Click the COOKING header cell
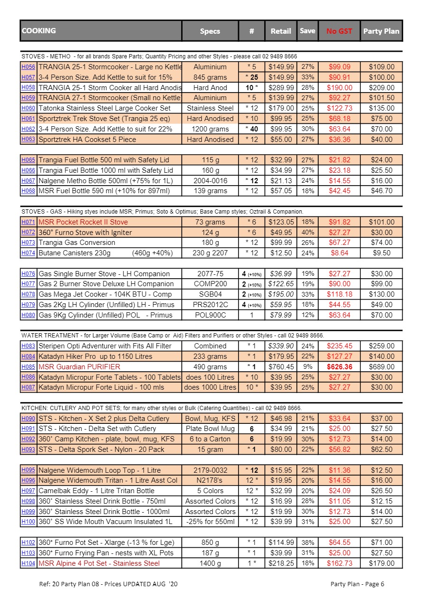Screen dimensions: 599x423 [101, 31]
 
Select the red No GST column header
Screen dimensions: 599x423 [339, 31]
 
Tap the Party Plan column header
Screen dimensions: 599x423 [381, 31]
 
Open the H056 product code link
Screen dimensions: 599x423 [28, 67]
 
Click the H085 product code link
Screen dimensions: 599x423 [28, 367]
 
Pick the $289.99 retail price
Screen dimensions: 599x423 [281, 88]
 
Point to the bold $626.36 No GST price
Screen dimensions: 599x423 [339, 367]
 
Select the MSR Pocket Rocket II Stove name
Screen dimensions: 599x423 [83, 222]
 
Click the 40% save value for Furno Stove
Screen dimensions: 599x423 [307, 233]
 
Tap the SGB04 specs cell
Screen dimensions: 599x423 [210, 294]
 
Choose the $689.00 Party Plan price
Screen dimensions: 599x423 [381, 367]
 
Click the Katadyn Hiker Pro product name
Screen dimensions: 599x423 [95, 356]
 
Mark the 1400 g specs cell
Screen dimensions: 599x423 [210, 563]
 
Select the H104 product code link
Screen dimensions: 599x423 [28, 563]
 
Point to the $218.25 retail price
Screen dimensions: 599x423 [281, 563]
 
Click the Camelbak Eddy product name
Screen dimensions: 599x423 [96, 491]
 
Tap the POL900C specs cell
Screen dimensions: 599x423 [210, 315]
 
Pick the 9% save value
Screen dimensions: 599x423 [307, 367]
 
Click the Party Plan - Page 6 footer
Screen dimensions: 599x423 [357, 584]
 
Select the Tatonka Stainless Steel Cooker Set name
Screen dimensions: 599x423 [104, 108]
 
